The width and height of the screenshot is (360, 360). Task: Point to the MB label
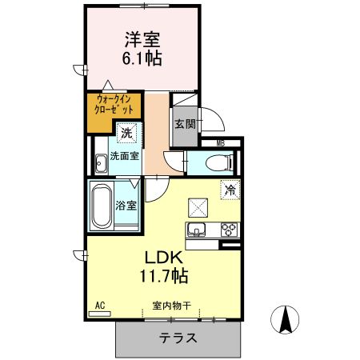(x=221, y=143)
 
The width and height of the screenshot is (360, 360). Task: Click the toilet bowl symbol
(x=217, y=163)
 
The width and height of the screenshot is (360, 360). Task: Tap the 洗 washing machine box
(x=126, y=134)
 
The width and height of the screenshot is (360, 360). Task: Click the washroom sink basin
(x=101, y=165)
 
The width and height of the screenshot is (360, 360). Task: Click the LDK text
(x=166, y=258)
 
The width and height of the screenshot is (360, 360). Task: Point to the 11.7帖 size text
(x=166, y=278)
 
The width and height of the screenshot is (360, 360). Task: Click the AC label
(x=100, y=306)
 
